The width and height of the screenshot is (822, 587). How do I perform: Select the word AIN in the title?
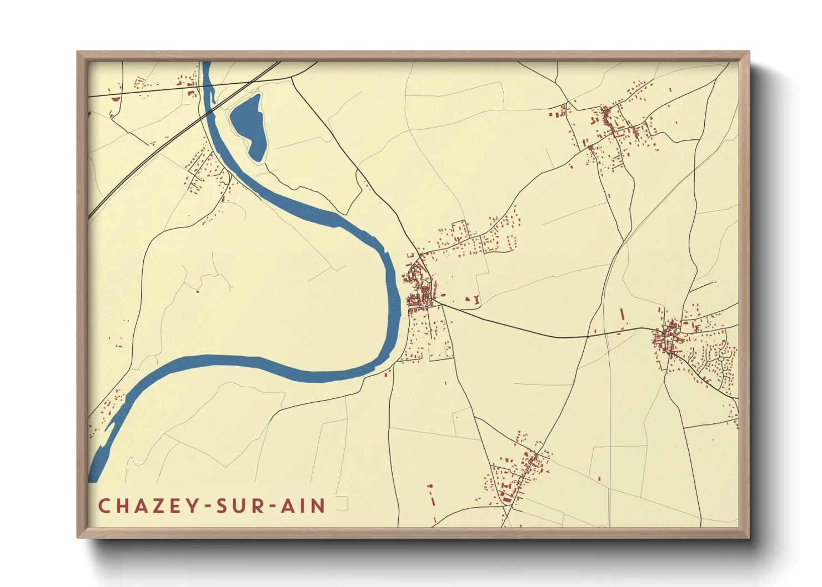click(303, 506)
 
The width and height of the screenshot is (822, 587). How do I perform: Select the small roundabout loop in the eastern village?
click(721, 359)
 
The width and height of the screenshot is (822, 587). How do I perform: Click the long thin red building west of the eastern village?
click(622, 315)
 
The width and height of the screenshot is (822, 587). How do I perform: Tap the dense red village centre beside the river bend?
click(419, 289)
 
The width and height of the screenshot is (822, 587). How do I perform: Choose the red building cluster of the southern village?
click(519, 472)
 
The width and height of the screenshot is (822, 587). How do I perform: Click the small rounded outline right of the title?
click(342, 504)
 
